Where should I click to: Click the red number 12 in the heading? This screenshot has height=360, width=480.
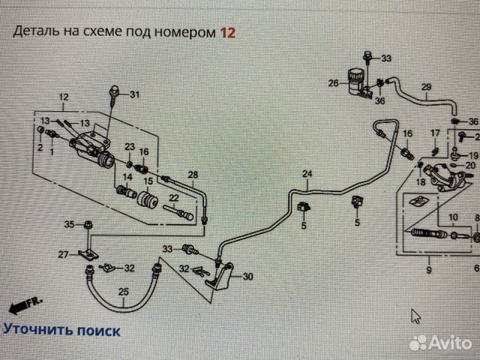coord(227,32)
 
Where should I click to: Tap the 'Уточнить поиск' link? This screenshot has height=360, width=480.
coord(62,329)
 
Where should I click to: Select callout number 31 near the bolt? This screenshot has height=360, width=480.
coord(135,94)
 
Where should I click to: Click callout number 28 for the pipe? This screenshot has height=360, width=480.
coord(193,175)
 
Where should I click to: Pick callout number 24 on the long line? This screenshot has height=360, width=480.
coord(307,175)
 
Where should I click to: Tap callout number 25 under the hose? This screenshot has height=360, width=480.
coord(124,291)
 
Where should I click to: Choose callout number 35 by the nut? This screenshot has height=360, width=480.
coord(69,223)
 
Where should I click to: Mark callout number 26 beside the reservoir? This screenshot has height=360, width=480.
coord(334,83)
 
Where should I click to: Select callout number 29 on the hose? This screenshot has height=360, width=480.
coord(426,87)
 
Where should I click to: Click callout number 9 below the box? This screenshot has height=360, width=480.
coord(428,270)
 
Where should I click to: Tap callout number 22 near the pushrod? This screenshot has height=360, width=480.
coord(173,198)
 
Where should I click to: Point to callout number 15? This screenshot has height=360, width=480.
coord(148,181)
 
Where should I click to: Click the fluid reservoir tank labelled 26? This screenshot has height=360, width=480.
coord(357,79)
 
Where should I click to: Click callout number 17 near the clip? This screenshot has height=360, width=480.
coord(435,133)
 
